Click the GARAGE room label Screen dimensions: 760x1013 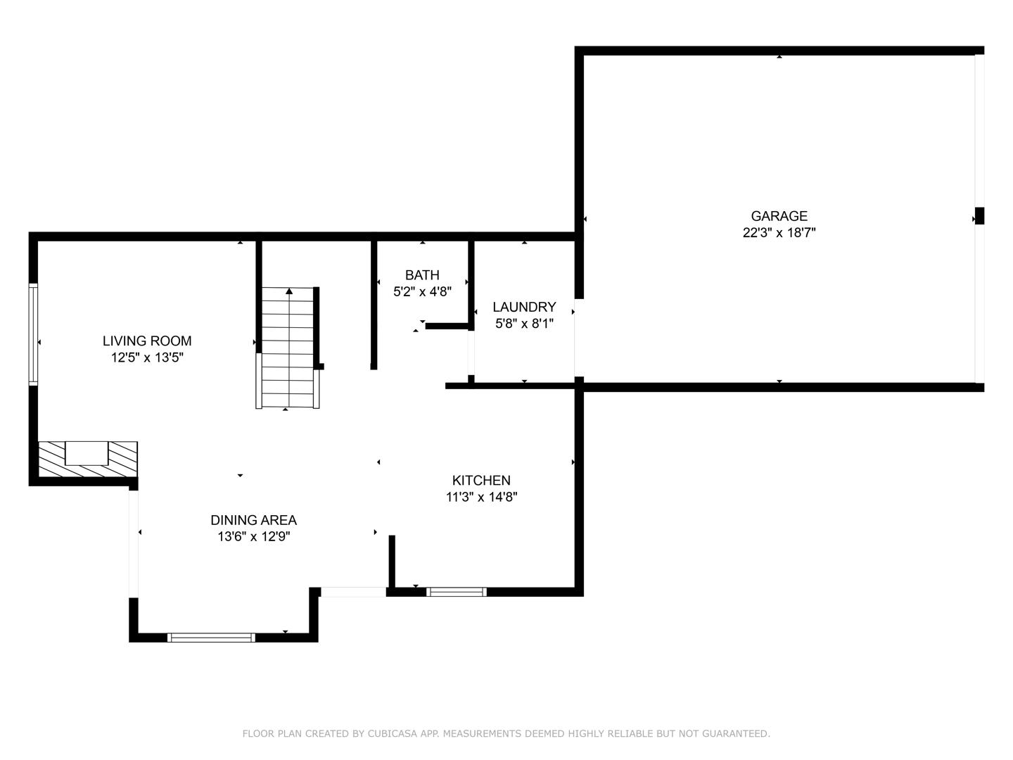[779, 216]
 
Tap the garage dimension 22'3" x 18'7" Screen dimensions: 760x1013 [779, 233]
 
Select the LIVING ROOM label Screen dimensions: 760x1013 [147, 341]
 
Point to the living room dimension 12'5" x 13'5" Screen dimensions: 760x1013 [147, 357]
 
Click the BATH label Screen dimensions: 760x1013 [422, 274]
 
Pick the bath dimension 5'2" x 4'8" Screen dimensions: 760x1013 [422, 291]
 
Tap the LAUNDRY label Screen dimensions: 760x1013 [524, 307]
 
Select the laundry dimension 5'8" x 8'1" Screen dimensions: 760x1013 [524, 324]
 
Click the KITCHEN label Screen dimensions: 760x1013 [481, 480]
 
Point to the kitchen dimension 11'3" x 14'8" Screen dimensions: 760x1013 [481, 497]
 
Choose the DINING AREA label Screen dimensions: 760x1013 [253, 520]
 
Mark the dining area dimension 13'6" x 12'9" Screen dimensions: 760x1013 [253, 537]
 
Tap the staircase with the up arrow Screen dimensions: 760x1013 [288, 348]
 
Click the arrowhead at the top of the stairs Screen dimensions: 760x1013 [289, 291]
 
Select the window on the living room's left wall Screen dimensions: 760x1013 [33, 334]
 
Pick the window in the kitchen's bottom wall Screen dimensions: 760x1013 [457, 592]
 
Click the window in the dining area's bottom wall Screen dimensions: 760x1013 [211, 638]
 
